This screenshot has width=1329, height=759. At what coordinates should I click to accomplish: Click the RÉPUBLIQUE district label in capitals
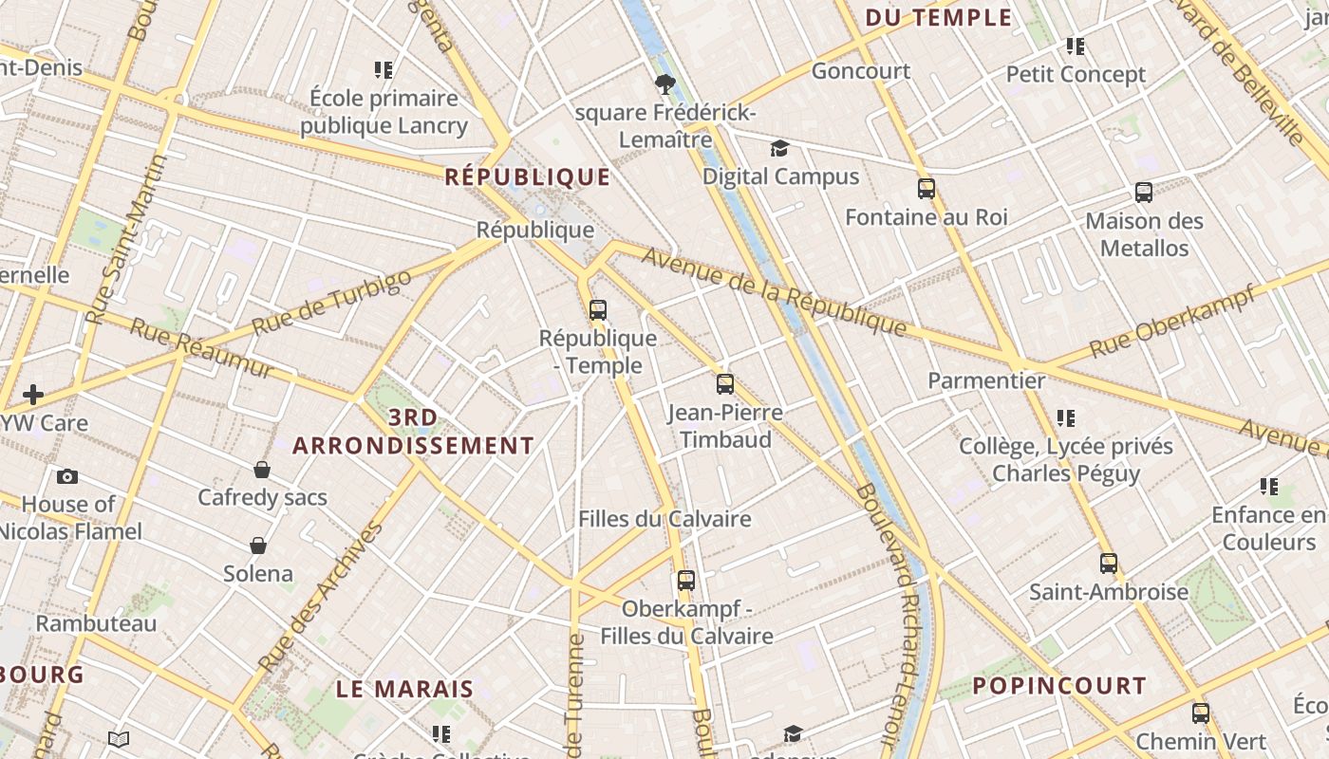(528, 176)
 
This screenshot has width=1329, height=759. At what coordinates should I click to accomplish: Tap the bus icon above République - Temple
(598, 309)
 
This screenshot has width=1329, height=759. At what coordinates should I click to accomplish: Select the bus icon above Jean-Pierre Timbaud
(725, 384)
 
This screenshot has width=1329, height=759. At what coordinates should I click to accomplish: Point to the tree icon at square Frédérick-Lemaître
(665, 84)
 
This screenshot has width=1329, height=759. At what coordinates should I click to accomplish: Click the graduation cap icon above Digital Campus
(779, 148)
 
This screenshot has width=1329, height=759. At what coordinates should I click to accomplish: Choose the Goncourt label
(861, 71)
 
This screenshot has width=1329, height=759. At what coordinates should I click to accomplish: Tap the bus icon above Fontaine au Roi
(927, 189)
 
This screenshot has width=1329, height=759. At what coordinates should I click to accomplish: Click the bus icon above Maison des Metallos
(1144, 193)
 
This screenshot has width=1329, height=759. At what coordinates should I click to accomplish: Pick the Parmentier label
(986, 380)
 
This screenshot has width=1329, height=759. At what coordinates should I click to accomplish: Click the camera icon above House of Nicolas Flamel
(67, 476)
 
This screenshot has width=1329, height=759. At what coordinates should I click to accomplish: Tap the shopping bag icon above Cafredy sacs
(262, 470)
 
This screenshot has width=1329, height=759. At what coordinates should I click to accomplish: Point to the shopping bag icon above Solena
(258, 546)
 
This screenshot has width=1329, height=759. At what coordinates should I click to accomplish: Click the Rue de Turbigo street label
(333, 302)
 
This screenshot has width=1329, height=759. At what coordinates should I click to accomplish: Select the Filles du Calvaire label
(664, 519)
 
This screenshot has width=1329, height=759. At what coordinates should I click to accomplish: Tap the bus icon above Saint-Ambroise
(1109, 564)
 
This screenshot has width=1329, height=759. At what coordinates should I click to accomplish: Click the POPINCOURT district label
(1059, 685)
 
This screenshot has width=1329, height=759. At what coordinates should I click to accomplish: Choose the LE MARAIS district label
(405, 689)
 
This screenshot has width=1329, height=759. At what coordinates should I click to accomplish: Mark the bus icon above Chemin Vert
(1201, 713)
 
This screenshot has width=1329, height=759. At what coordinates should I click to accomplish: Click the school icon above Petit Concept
(1076, 46)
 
